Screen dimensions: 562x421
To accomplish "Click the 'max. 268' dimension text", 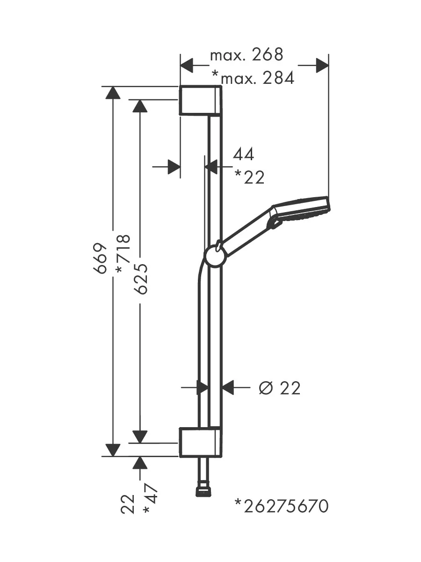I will click(247, 55).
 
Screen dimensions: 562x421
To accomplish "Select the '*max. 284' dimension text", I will click(253, 77).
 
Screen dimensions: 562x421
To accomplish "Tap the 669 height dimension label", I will click(101, 258).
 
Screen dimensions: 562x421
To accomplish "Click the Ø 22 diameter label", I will click(279, 388).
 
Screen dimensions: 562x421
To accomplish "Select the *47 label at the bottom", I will click(151, 501).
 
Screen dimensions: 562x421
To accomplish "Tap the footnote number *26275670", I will click(282, 506).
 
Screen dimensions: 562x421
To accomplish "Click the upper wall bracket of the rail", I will click(200, 100).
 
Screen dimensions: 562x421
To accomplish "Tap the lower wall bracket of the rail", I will click(200, 442).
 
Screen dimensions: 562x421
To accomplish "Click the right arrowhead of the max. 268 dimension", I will click(322, 66).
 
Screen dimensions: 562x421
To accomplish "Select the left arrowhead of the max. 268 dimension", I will click(187, 66).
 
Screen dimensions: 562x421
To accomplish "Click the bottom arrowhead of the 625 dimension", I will click(140, 436).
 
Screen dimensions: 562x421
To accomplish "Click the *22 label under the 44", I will click(249, 177).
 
